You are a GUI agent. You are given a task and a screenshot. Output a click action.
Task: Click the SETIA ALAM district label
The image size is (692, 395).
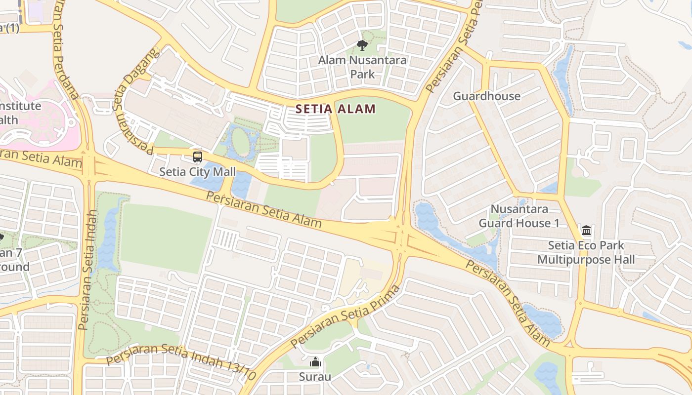[336, 109]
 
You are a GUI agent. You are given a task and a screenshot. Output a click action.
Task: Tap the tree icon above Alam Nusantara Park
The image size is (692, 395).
[362, 46]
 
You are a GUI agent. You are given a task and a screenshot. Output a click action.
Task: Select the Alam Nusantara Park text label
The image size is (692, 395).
[362, 67]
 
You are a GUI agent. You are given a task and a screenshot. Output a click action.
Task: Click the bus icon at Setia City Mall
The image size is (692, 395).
[198, 158]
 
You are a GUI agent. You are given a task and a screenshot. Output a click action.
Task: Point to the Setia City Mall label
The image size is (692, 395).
[197, 172]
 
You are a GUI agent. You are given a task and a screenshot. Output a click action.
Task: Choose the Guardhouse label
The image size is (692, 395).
[486, 96]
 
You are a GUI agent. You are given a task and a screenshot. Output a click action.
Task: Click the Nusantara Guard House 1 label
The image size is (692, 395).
[519, 216]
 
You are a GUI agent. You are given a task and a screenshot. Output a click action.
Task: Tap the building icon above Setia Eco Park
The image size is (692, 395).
[586, 231]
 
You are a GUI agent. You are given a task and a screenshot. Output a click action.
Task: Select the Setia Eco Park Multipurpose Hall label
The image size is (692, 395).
[586, 252]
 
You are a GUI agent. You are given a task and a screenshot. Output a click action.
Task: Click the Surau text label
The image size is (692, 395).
[315, 377]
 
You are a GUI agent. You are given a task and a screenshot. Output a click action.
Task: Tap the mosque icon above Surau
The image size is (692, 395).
[315, 363]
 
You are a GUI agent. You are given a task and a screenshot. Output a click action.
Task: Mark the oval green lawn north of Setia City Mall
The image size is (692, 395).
[241, 142]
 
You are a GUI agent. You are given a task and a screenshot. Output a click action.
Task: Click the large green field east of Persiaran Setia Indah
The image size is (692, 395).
[166, 237]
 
